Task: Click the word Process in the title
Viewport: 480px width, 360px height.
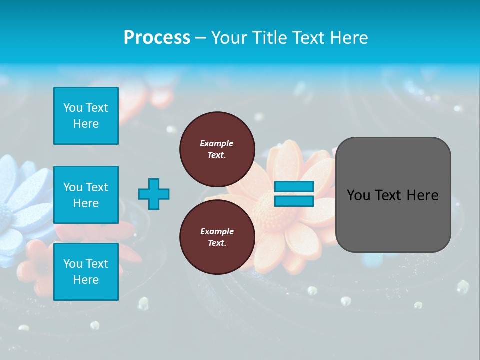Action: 157,38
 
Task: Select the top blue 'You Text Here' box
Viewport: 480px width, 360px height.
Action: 86,116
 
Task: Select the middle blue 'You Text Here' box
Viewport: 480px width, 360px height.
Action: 86,195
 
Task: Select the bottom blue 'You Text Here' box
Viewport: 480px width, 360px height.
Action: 86,272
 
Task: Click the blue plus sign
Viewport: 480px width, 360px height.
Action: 154,194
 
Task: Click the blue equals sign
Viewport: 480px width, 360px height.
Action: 294,194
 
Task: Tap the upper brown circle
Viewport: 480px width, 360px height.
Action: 217,149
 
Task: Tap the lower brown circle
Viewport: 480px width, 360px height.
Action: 217,237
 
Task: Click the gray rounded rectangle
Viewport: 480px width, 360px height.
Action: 393,194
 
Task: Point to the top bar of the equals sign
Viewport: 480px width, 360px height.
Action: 294,187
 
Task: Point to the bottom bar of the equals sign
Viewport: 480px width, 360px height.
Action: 294,201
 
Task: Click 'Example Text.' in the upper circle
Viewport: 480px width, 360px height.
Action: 217,149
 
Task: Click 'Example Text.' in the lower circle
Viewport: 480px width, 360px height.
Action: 217,237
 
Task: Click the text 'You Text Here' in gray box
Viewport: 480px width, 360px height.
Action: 393,195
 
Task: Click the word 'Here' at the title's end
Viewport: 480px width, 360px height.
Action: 350,38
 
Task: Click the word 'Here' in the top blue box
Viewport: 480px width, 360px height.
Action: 86,124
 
